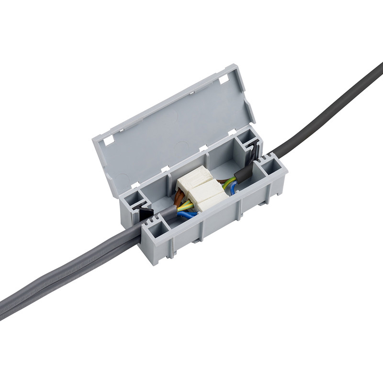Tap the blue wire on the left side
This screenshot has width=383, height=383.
coord(187,216)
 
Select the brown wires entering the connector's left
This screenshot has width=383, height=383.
coord(181,197)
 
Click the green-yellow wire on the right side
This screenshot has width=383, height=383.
coord(229,181)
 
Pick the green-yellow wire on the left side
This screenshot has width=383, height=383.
coord(185,207)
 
